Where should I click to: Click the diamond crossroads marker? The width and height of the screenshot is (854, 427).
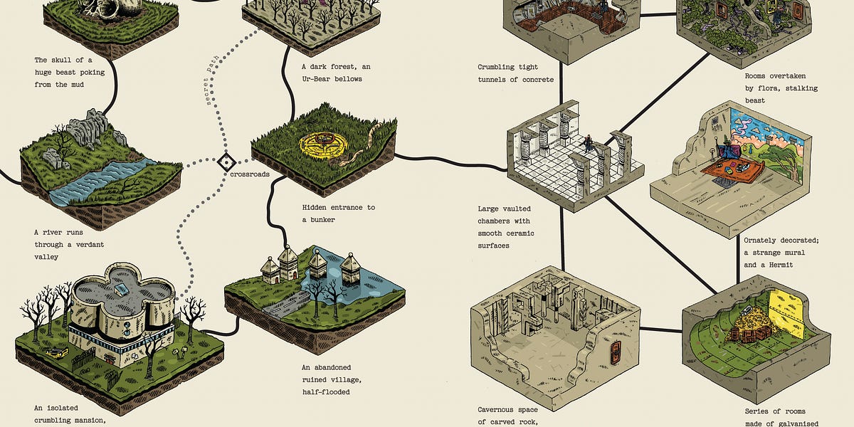[x=225, y=161]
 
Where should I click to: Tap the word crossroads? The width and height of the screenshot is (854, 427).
[x=250, y=173]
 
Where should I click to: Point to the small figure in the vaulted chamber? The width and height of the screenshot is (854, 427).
[x=588, y=144]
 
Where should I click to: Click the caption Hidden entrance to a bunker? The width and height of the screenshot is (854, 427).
[x=338, y=213]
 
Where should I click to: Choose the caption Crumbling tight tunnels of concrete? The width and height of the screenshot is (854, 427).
[x=516, y=73]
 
